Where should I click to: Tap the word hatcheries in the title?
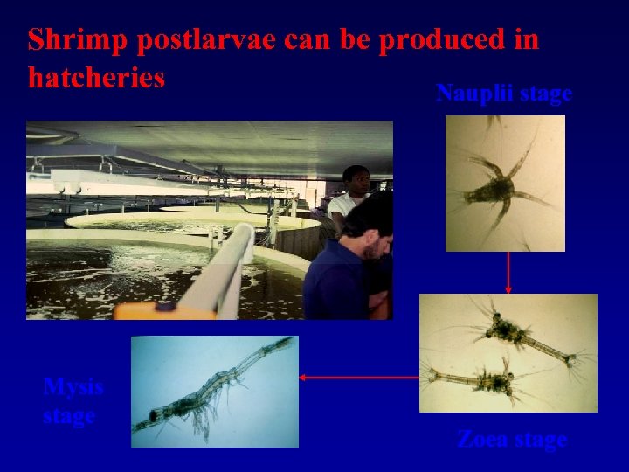pos(96,78)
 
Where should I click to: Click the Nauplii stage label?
pos(504,94)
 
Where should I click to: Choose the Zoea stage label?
pos(512,440)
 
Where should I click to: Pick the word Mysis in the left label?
pos(73,386)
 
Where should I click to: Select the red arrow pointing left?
pos(358,378)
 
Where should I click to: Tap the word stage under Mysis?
pos(69,415)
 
